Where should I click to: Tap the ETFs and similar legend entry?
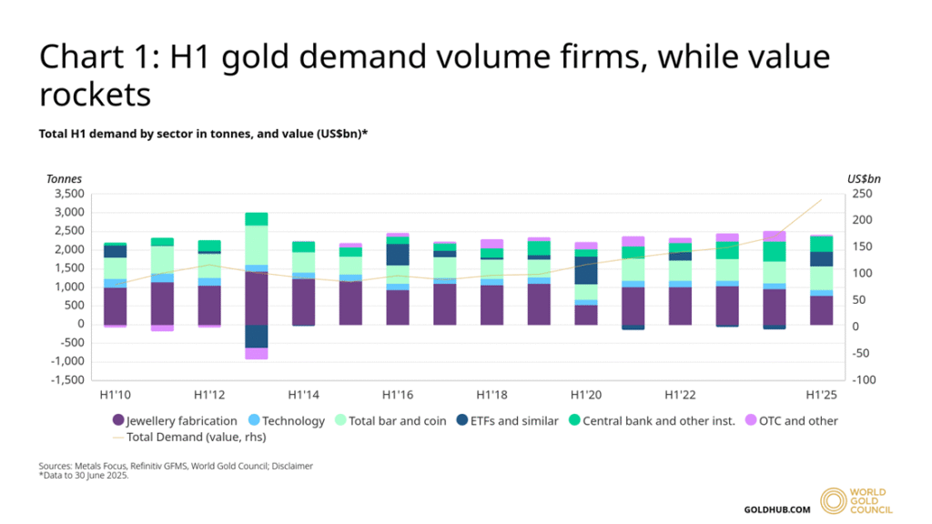(x=508, y=420)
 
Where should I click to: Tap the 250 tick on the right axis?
(x=862, y=194)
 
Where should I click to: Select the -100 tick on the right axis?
(x=864, y=379)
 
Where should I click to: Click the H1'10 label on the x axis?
(x=115, y=395)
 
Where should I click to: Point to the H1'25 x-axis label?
(x=822, y=395)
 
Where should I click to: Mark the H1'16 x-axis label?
(x=398, y=395)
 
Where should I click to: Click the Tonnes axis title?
(x=64, y=178)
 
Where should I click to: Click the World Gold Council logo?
(x=856, y=501)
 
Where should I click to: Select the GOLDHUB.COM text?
(x=776, y=509)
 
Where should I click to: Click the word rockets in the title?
(x=95, y=94)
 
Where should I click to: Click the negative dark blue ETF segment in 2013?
(x=257, y=336)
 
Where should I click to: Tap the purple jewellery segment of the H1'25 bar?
(x=822, y=310)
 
